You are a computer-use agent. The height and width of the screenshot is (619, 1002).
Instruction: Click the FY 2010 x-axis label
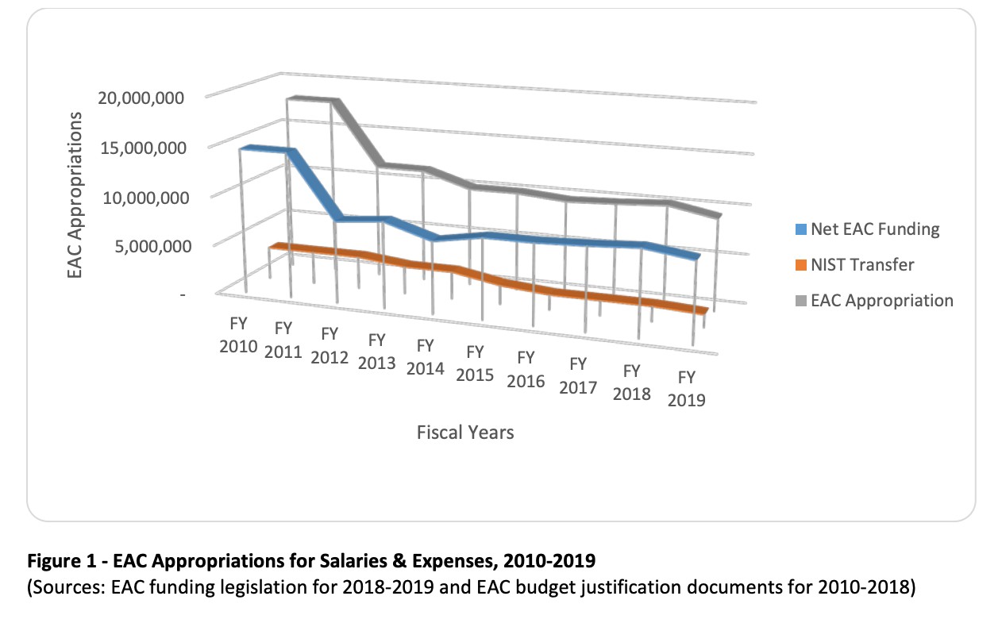(x=239, y=336)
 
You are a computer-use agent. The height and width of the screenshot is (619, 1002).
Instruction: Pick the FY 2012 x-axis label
(x=330, y=345)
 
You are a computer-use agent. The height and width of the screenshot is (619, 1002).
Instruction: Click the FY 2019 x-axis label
(x=687, y=388)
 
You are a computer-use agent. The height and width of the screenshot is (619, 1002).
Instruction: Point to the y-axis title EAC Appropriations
(x=75, y=194)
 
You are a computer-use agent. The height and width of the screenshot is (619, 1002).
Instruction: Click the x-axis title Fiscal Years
(x=465, y=433)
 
